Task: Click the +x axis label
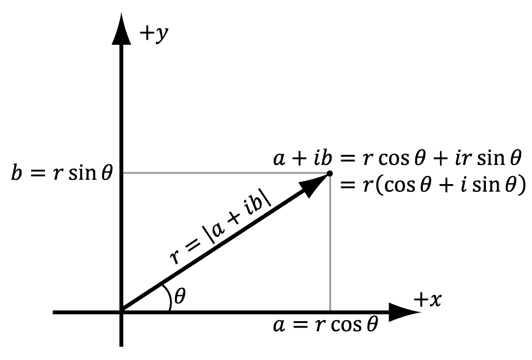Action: pyautogui.click(x=427, y=300)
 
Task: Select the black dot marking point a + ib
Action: pyautogui.click(x=329, y=174)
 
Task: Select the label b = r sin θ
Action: pyautogui.click(x=62, y=172)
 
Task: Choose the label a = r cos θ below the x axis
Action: pyautogui.click(x=326, y=325)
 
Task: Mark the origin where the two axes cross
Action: pyautogui.click(x=121, y=312)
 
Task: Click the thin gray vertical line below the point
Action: pyautogui.click(x=330, y=243)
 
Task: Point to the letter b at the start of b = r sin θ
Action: pyautogui.click(x=16, y=172)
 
